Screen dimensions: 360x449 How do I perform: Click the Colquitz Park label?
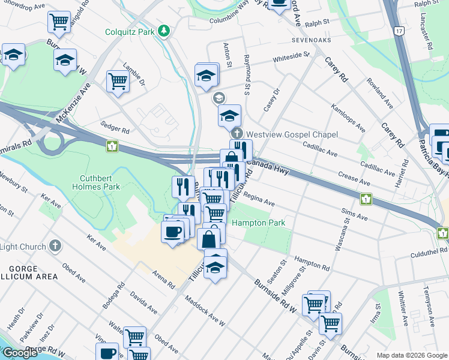tap(130, 31)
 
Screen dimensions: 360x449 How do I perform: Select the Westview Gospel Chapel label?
tap(292, 134)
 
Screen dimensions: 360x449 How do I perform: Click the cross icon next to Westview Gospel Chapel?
tap(238, 134)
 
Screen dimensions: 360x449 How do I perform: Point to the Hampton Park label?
tap(258, 223)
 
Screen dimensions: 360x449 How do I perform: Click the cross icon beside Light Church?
tap(55, 246)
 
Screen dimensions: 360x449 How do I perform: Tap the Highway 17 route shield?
tap(399, 29)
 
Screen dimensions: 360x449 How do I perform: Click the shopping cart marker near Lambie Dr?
tap(118, 82)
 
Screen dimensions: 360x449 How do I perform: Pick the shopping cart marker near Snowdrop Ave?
tap(59, 22)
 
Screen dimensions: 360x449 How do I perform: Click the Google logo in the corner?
tap(20, 353)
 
